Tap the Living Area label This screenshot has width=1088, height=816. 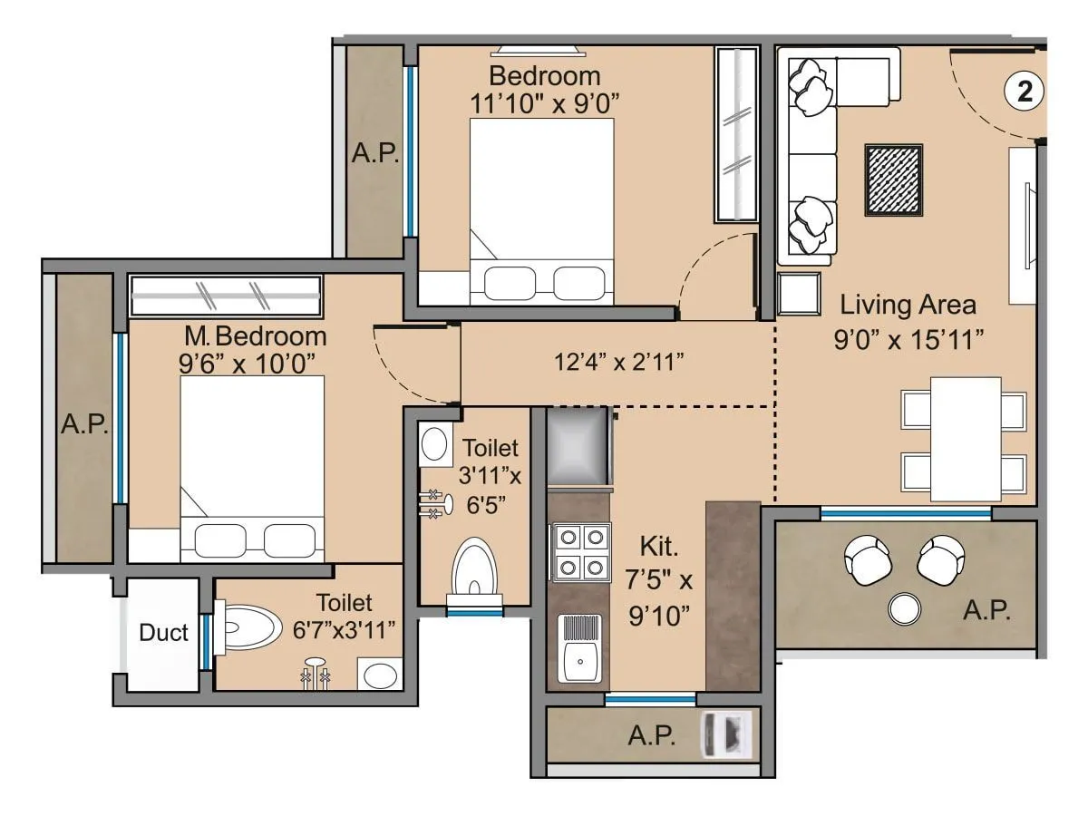(x=908, y=305)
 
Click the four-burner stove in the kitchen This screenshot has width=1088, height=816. (x=580, y=551)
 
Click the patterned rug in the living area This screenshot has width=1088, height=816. (x=893, y=180)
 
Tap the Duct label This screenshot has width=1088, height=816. (x=164, y=633)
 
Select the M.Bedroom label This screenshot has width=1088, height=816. (x=255, y=336)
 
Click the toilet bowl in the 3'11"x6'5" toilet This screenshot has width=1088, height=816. (x=474, y=568)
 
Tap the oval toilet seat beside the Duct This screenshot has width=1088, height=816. (x=250, y=627)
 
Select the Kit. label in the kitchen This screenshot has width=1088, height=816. (x=660, y=547)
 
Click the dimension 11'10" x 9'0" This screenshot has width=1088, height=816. (x=544, y=102)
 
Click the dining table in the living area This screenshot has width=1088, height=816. (x=966, y=439)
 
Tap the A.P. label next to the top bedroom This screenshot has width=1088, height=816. (x=375, y=152)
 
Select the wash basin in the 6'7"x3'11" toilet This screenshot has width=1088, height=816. (x=379, y=675)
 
